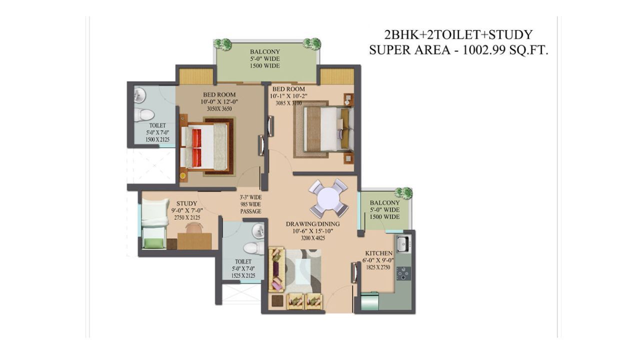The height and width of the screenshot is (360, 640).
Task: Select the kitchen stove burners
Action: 403,273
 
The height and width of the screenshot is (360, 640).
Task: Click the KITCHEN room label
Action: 379,253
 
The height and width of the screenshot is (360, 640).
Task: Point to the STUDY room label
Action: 186,203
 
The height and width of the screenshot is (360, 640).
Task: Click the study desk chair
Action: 195,228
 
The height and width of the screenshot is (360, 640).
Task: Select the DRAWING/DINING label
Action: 312,224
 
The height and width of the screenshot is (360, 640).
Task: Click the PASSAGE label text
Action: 250,211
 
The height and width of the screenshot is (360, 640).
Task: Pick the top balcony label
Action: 265,52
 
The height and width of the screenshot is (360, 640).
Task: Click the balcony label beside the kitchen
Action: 384,203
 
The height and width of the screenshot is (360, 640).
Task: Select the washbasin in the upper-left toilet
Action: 139,94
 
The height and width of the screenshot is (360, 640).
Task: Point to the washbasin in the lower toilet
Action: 258,231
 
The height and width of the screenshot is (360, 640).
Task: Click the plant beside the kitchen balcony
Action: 403,193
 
